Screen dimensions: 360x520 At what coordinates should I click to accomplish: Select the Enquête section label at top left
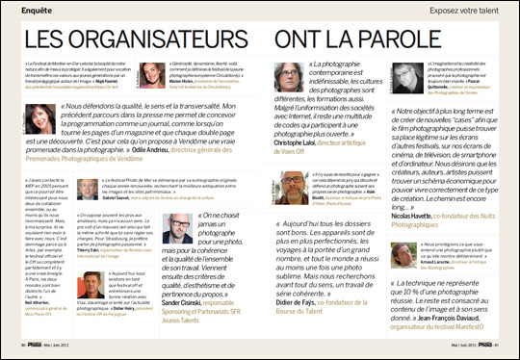point(26,9)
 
